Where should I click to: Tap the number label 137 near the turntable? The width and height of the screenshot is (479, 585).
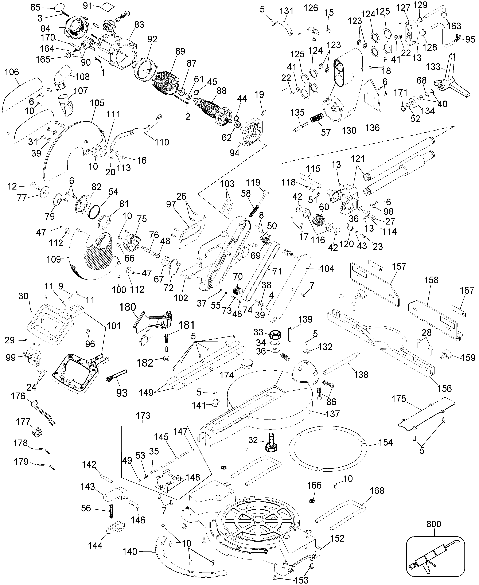(332, 414)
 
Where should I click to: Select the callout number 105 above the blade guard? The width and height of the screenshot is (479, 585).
(97, 103)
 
